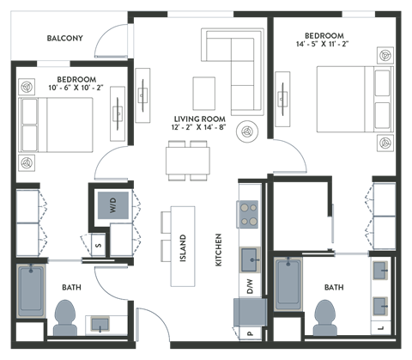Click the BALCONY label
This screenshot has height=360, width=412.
click(x=64, y=38)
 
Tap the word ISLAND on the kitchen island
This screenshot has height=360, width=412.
click(x=183, y=246)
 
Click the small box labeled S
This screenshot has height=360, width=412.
click(x=99, y=245)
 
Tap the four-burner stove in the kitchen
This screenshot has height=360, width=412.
click(x=249, y=213)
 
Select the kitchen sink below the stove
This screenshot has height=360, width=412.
click(x=250, y=257)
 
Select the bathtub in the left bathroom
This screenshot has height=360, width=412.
click(x=32, y=289)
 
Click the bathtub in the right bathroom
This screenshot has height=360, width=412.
click(x=289, y=283)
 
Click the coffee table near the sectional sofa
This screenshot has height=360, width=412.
click(x=204, y=93)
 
